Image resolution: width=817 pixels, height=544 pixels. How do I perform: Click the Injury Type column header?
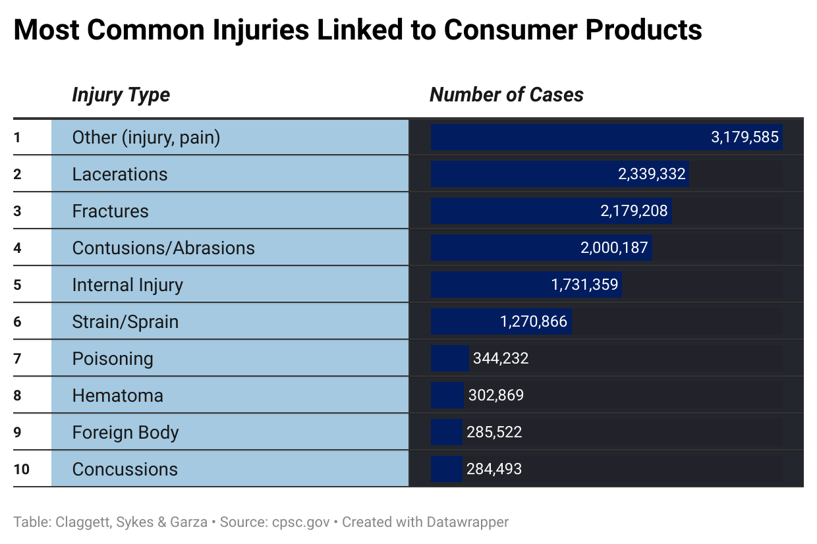pyautogui.click(x=121, y=95)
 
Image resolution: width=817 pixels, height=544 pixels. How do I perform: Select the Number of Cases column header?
pyautogui.click(x=506, y=95)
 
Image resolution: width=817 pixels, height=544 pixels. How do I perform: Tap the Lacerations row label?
pyautogui.click(x=120, y=175)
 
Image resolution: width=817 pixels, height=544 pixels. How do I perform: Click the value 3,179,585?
pyautogui.click(x=745, y=138)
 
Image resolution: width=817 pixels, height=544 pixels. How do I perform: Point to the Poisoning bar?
pyautogui.click(x=449, y=358)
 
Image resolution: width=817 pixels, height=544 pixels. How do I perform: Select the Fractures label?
pyautogui.click(x=110, y=211)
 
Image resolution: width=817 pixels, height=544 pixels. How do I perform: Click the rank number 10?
pyautogui.click(x=21, y=470)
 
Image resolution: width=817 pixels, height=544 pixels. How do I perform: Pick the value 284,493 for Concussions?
pyautogui.click(x=493, y=470)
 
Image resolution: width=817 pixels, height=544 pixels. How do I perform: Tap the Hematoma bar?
pyautogui.click(x=447, y=395)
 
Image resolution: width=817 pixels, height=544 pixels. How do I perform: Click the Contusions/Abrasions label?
pyautogui.click(x=163, y=248)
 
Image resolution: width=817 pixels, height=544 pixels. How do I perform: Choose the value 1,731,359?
pyautogui.click(x=584, y=285)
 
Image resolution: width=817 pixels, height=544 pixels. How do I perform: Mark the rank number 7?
pyautogui.click(x=17, y=359)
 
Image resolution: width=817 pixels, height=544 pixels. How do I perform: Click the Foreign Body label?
pyautogui.click(x=125, y=433)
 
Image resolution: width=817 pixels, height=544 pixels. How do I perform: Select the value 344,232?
pyautogui.click(x=501, y=359)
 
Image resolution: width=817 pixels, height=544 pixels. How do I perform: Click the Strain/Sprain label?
pyautogui.click(x=125, y=322)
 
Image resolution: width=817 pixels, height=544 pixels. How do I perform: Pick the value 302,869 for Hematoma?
pyautogui.click(x=495, y=396)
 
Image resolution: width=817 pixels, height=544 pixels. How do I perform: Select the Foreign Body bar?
pyautogui.click(x=446, y=432)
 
